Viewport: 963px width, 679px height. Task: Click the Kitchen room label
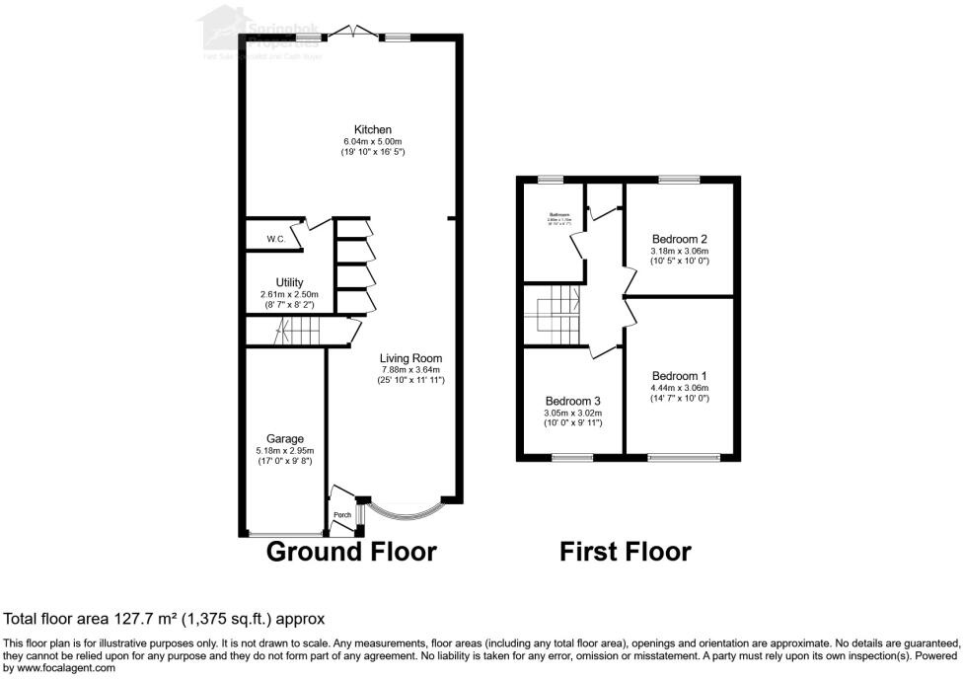pyautogui.click(x=374, y=129)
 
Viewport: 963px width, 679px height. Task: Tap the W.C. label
pyautogui.click(x=275, y=239)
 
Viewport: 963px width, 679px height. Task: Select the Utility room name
pyautogui.click(x=289, y=282)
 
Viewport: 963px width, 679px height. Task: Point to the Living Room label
pyautogui.click(x=411, y=358)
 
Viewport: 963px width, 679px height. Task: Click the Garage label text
pyautogui.click(x=285, y=438)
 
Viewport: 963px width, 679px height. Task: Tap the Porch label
pyautogui.click(x=342, y=515)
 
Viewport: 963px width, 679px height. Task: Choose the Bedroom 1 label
pyautogui.click(x=680, y=376)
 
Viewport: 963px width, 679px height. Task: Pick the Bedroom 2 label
pyautogui.click(x=680, y=239)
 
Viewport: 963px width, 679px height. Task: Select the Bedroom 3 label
pyautogui.click(x=573, y=401)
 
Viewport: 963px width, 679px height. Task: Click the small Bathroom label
pyautogui.click(x=560, y=214)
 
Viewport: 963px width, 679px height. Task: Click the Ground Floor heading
pyautogui.click(x=351, y=551)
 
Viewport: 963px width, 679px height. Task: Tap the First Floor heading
pyautogui.click(x=626, y=551)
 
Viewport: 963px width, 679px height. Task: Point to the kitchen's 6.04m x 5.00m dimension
pyautogui.click(x=374, y=142)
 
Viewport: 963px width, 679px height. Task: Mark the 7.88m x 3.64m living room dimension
pyautogui.click(x=411, y=370)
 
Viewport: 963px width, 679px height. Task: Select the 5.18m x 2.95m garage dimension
pyautogui.click(x=285, y=451)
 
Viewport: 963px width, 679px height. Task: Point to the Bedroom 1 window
pyautogui.click(x=684, y=457)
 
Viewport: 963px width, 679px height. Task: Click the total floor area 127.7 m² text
pyautogui.click(x=165, y=619)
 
